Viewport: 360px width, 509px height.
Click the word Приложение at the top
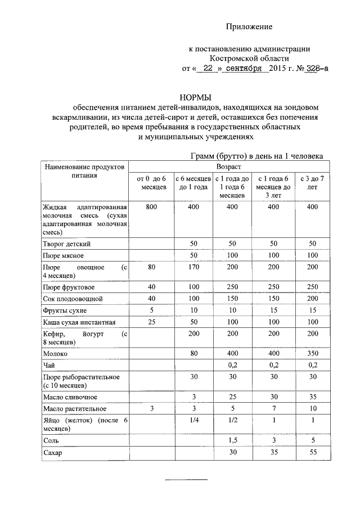pos(249,27)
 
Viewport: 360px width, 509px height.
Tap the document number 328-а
pos(316,69)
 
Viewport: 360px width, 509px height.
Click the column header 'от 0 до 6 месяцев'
pos(151,183)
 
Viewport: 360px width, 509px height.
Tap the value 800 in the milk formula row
pos(151,208)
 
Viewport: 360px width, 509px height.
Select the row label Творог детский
pos(66,244)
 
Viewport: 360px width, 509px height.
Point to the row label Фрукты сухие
pos(65,310)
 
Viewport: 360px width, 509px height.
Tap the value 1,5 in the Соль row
pos(232,442)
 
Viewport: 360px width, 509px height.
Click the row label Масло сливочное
pos(69,398)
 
